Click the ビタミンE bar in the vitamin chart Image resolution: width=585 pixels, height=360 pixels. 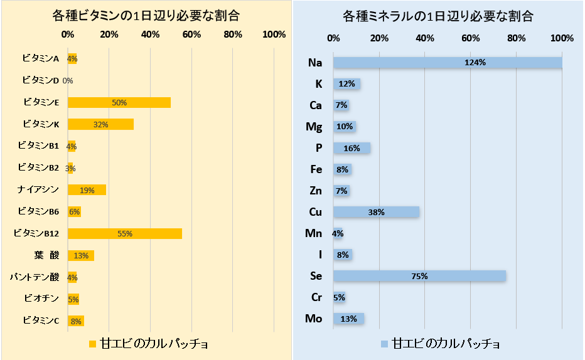(119, 102)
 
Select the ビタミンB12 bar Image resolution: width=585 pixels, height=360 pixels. (125, 233)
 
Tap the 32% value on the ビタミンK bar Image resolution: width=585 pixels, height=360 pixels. (100, 124)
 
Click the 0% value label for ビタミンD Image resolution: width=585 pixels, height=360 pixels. (68, 81)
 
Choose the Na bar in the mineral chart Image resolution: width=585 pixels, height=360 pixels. (448, 63)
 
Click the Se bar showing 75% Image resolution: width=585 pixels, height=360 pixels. (419, 276)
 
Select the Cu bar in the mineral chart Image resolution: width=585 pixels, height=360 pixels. (376, 212)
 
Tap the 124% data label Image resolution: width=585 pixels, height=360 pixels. (475, 63)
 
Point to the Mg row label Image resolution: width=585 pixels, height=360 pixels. (314, 127)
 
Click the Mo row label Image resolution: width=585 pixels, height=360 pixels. (313, 319)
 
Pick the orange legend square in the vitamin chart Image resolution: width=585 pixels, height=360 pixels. (92, 344)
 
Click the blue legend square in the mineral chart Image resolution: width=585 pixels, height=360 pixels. (384, 344)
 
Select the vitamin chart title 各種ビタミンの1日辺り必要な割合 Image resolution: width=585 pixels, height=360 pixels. (146, 16)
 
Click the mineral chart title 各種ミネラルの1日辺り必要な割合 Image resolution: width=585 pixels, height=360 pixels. (437, 16)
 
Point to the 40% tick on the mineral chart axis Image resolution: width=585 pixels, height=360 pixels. (425, 38)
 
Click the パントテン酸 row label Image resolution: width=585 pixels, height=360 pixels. (35, 277)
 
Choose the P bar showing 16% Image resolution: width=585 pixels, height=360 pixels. (352, 148)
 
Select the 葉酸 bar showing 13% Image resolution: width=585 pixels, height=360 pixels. (81, 255)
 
